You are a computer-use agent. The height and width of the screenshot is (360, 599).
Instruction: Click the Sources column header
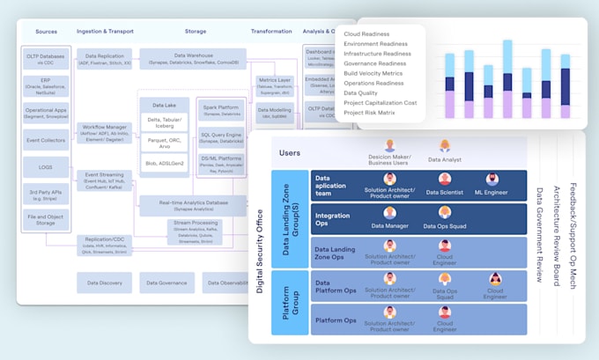[46, 32]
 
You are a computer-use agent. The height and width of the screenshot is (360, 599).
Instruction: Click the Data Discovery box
[104, 283]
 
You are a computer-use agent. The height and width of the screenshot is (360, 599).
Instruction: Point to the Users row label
[290, 153]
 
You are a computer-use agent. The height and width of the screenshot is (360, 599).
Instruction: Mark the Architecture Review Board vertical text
[555, 233]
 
